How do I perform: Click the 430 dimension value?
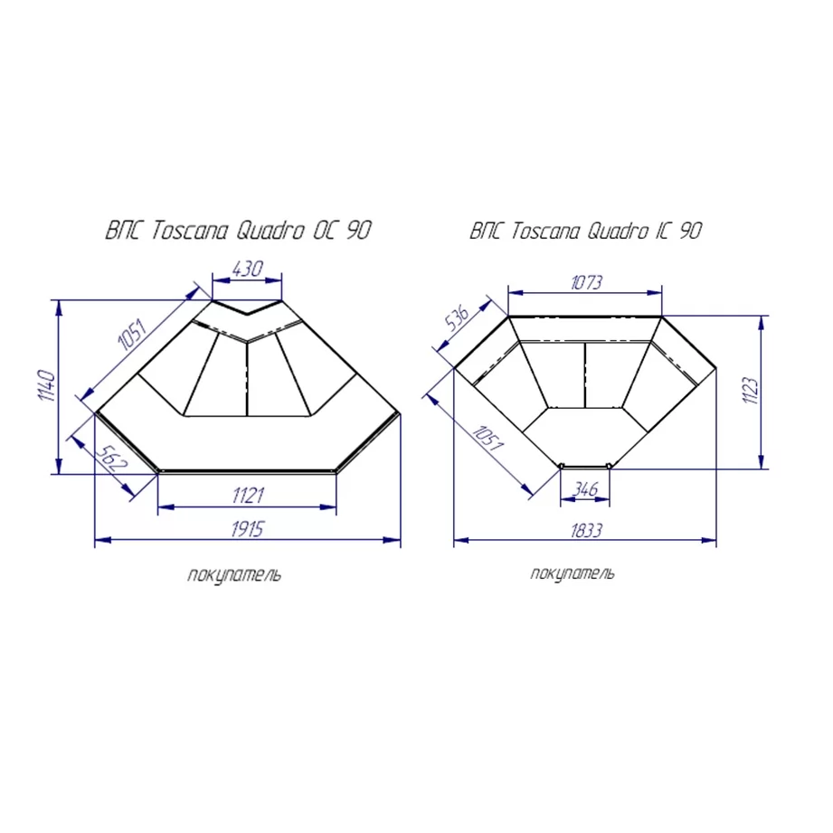(247, 269)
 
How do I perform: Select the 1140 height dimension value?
(47, 385)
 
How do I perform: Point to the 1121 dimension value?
(248, 495)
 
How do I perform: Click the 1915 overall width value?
(247, 528)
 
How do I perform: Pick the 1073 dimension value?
(586, 282)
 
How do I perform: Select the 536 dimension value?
(458, 318)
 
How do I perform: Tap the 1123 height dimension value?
(750, 391)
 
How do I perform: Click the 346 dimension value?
(585, 488)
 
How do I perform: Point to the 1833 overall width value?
(586, 530)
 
